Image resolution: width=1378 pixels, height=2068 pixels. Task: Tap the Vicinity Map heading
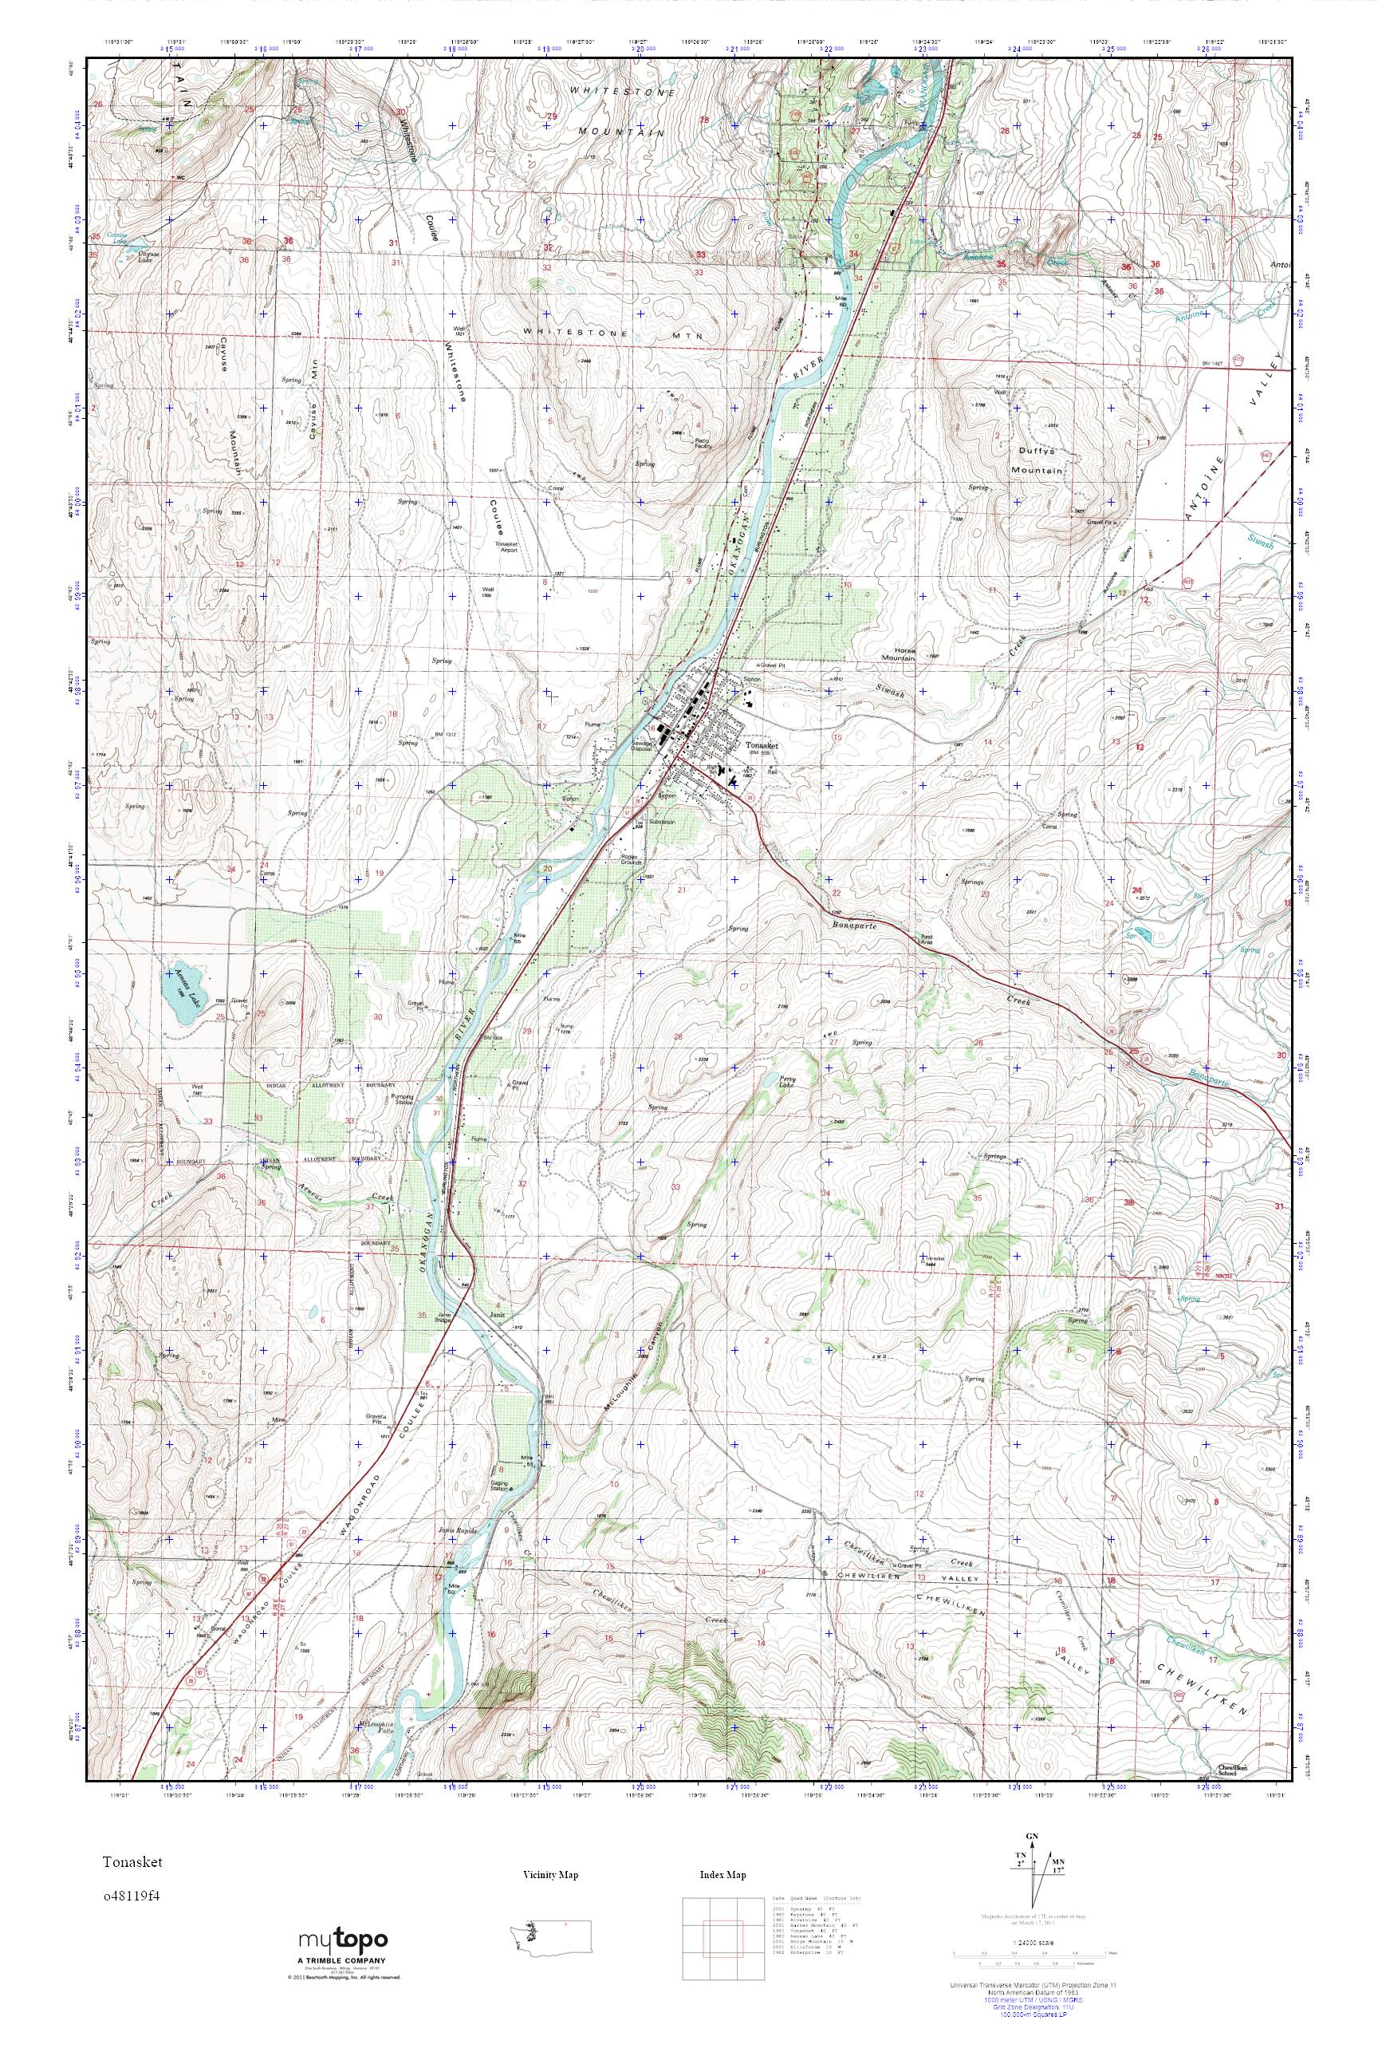click(x=550, y=1876)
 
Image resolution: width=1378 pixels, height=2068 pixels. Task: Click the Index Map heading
click(x=722, y=1876)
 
